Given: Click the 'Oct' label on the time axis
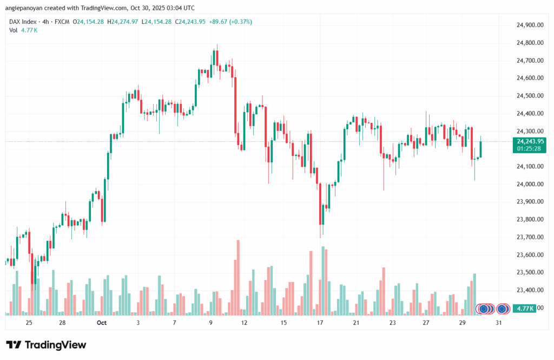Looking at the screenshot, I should click(101, 323).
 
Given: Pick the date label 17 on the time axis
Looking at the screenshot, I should click(320, 323).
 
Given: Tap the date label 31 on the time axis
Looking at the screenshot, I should click(498, 323).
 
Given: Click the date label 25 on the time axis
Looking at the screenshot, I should click(29, 323).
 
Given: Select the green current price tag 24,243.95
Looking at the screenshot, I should click(530, 141).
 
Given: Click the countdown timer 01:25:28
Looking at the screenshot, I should click(530, 148).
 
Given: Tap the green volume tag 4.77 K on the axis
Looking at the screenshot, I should click(525, 309).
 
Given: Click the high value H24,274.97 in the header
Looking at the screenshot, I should click(123, 22).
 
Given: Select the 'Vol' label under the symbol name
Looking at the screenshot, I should click(14, 30).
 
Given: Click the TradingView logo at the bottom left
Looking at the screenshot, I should click(46, 345).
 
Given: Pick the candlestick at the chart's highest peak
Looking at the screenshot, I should click(215, 57).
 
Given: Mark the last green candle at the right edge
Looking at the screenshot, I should click(480, 149).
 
